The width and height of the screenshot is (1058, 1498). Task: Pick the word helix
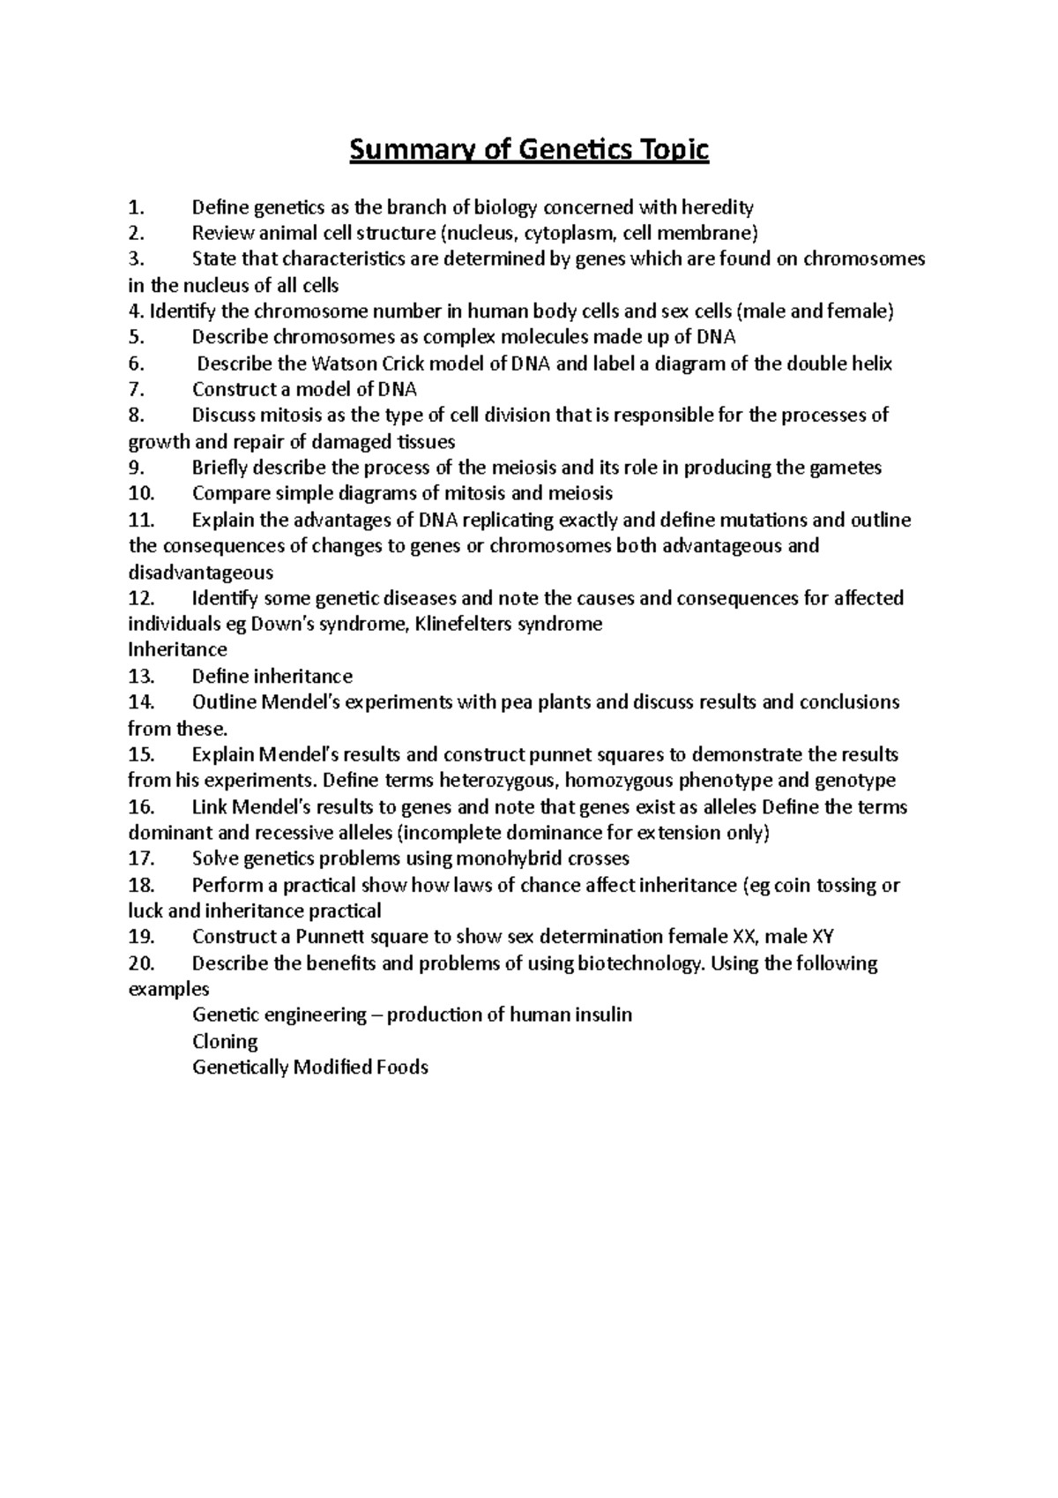pos(868,363)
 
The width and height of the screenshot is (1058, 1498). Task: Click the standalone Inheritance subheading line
pos(177,650)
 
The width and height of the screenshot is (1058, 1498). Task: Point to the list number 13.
pos(141,677)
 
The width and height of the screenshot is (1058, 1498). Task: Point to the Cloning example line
pos(225,1042)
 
